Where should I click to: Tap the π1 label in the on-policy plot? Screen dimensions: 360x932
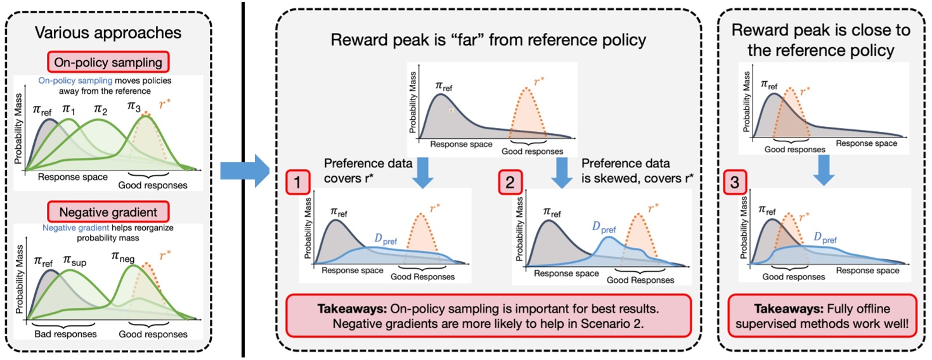[68, 110]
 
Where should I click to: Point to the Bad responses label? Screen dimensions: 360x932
[63, 334]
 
